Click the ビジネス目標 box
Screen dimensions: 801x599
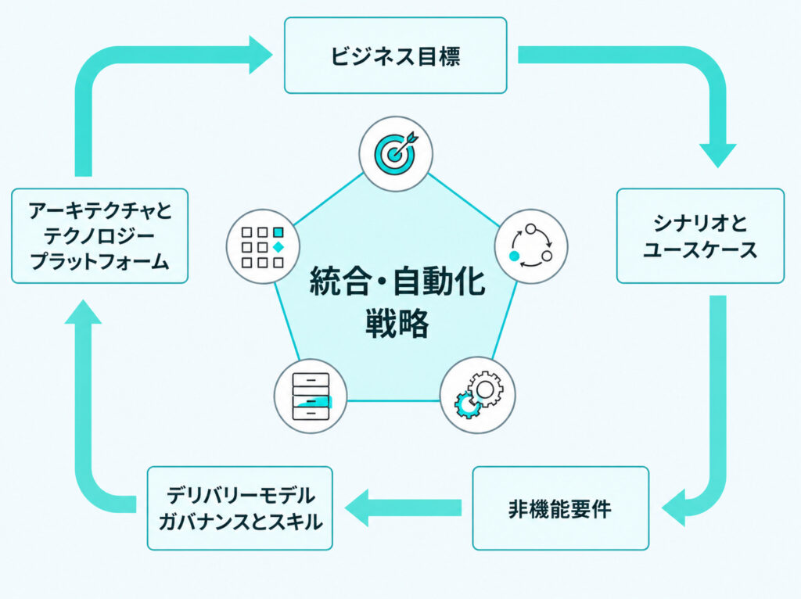click(395, 56)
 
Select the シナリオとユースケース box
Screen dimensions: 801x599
click(700, 236)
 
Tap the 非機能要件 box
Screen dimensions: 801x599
click(560, 508)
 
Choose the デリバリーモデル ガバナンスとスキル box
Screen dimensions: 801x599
click(240, 508)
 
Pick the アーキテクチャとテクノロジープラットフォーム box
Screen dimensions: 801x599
click(99, 236)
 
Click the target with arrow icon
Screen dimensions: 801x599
click(396, 153)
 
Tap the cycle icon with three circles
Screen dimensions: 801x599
click(531, 246)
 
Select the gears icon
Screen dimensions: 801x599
click(478, 395)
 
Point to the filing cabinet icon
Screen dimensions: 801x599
click(311, 396)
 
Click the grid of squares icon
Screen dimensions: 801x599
click(263, 246)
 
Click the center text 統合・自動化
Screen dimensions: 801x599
click(397, 282)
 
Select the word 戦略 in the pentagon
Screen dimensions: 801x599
click(397, 324)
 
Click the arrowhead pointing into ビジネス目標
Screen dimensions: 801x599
click(260, 56)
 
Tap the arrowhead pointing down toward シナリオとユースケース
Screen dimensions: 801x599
click(718, 154)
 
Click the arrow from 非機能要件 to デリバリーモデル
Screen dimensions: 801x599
click(403, 508)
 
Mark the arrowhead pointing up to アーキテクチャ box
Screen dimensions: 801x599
click(83, 313)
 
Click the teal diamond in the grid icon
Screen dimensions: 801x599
click(278, 247)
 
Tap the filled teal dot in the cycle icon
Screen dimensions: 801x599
click(515, 256)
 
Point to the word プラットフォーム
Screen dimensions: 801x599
click(99, 262)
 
